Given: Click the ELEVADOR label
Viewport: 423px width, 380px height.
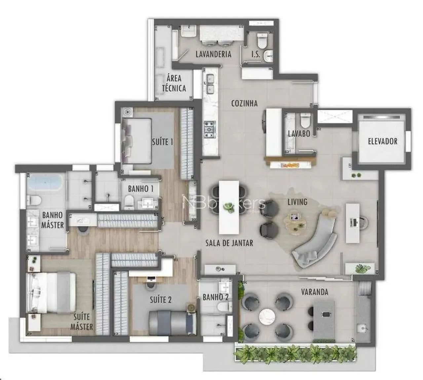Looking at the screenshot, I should (x=383, y=141).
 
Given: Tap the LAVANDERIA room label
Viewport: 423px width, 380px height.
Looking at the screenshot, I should (x=213, y=54).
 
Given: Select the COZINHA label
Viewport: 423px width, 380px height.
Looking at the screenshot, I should (x=244, y=103).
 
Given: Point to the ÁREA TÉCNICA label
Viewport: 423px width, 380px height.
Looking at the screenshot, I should (x=174, y=83).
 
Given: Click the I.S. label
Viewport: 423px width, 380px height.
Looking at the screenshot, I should (x=255, y=54).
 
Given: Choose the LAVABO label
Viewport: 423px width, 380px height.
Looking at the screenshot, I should (x=299, y=133).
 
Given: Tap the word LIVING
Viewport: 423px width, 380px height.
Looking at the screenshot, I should (x=297, y=202).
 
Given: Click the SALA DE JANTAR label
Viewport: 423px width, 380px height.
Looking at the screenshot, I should (x=229, y=243).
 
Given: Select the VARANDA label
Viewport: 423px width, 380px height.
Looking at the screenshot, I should (x=315, y=292).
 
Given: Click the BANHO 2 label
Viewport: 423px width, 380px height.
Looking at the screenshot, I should (x=215, y=297).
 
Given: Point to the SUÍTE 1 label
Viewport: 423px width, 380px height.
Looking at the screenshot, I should (x=162, y=142).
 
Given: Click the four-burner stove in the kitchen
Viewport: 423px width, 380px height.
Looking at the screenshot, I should (x=209, y=129).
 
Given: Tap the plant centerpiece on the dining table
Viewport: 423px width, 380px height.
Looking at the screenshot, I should (x=228, y=208).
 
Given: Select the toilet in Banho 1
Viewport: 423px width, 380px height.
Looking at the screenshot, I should (x=129, y=202).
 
